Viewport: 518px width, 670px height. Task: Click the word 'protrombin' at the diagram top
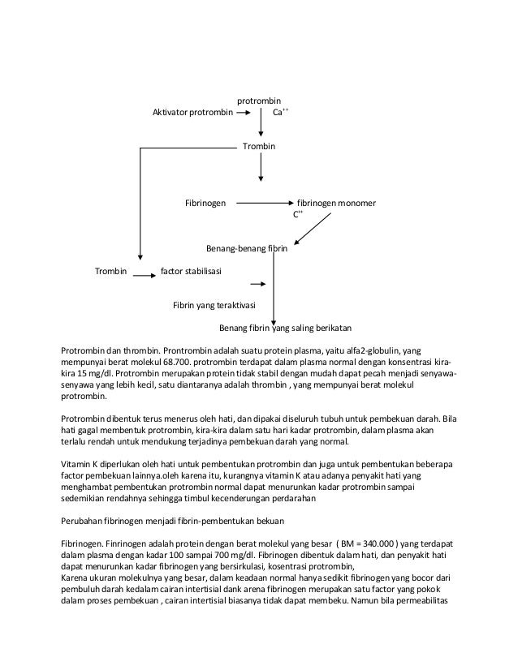click(x=258, y=101)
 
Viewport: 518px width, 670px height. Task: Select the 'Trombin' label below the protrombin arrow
click(x=260, y=146)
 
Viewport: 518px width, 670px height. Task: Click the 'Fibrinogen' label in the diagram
click(x=205, y=203)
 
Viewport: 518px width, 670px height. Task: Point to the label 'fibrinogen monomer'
click(x=336, y=203)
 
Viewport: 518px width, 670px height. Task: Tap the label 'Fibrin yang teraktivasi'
click(x=214, y=306)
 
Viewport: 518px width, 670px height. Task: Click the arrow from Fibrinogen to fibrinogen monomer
click(x=264, y=203)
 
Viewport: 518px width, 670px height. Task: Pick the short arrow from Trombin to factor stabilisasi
click(x=145, y=276)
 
